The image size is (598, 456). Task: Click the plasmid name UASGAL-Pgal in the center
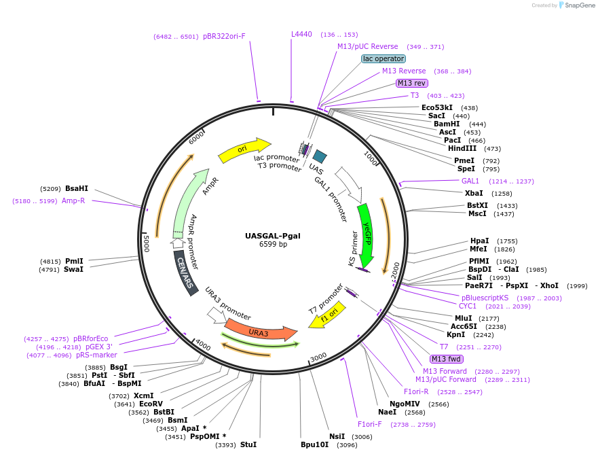tap(273, 236)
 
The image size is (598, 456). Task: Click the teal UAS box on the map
tap(319, 156)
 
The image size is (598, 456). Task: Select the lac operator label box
tap(383, 58)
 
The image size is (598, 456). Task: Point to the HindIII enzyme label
tap(462, 148)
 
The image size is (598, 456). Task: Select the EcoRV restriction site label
tap(151, 404)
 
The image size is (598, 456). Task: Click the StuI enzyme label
tap(248, 444)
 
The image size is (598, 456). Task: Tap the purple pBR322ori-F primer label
tap(224, 36)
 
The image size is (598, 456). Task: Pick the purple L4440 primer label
tap(301, 34)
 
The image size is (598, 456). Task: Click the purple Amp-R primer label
tap(73, 200)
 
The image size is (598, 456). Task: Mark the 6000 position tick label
tap(196, 137)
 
